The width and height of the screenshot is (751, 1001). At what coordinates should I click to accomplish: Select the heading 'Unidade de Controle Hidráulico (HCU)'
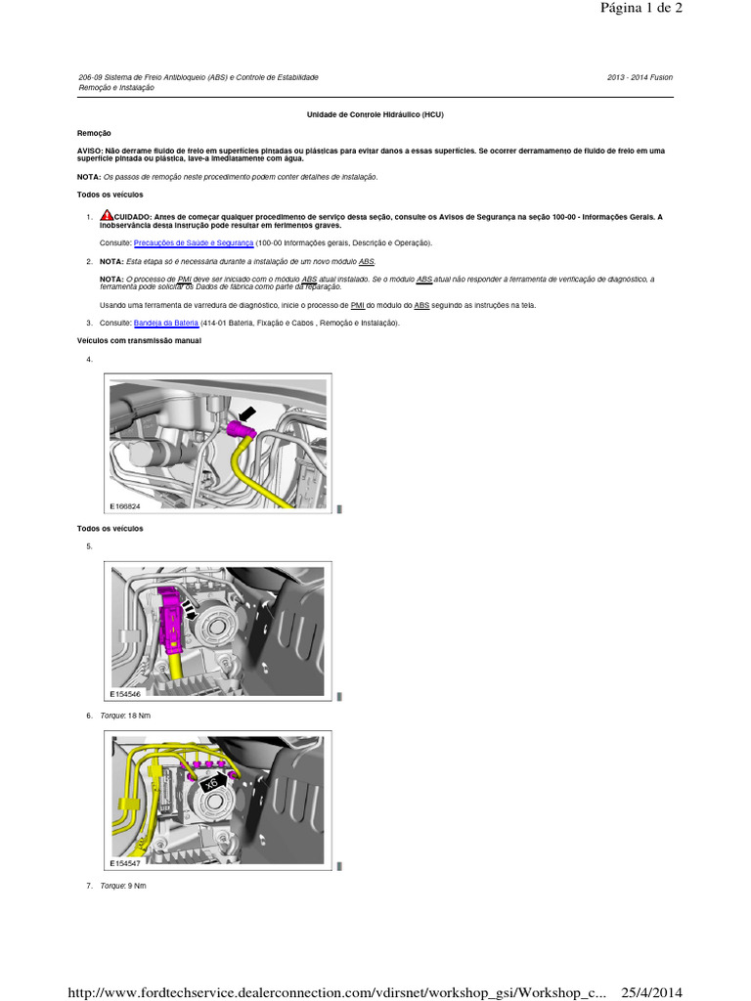coord(375,114)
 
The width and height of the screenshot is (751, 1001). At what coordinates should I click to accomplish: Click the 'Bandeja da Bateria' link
coord(166,323)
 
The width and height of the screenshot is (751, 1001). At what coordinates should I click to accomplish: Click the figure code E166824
coord(126,506)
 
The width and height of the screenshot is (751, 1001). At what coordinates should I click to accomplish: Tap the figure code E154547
coord(126,864)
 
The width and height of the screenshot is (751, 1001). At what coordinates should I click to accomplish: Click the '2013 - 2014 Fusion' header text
coord(640,77)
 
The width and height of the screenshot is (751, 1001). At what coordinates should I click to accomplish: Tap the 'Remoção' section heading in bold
coord(94,133)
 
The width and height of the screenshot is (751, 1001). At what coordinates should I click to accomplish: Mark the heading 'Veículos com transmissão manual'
coord(138,340)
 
